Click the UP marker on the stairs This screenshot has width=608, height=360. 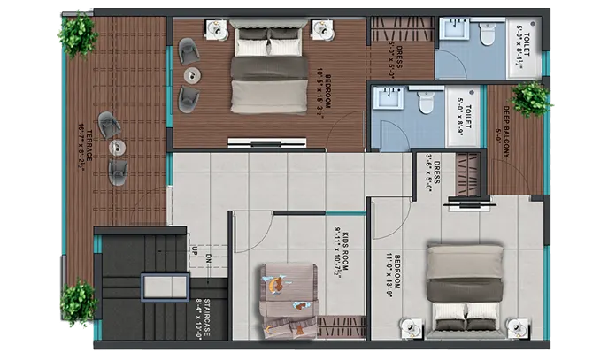193,253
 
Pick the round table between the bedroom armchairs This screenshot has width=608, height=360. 190,75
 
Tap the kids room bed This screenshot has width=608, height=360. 285,292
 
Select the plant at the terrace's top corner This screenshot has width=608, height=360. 77,33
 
